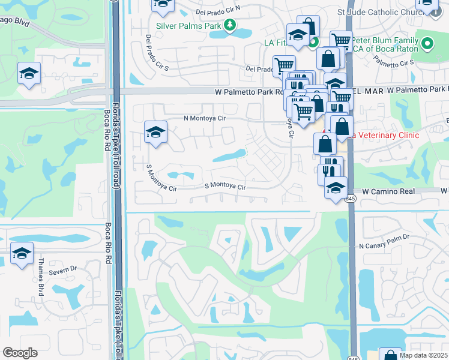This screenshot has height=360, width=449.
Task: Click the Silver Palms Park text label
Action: (x=188, y=25)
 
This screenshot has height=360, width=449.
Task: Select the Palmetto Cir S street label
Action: (x=394, y=62)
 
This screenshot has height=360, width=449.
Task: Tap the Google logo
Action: (x=20, y=353)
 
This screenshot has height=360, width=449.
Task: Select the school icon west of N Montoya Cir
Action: (x=155, y=132)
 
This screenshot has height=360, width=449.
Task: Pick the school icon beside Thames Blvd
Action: (x=22, y=254)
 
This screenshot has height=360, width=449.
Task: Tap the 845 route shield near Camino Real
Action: (x=351, y=199)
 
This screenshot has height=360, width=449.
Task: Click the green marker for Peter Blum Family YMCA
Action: (x=427, y=43)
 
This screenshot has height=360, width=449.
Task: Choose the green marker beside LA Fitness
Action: (x=313, y=42)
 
